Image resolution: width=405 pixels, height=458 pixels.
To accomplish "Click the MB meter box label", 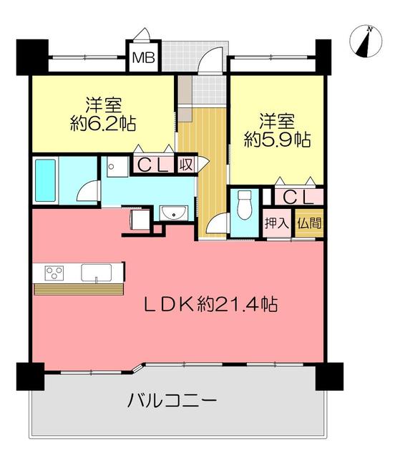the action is point(143,58).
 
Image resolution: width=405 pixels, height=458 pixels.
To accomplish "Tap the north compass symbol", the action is point(366,42).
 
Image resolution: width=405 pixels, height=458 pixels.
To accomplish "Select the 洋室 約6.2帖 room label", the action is point(103,114).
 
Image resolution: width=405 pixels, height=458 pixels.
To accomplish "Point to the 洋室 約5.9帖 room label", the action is point(277,131).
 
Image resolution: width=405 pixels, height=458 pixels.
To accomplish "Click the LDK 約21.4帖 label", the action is point(211,304).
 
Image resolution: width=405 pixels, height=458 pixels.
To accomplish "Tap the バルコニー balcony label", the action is point(172,400).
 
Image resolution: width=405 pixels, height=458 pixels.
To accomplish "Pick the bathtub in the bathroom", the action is point(45,180).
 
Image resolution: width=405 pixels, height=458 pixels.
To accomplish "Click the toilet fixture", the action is point(244,205).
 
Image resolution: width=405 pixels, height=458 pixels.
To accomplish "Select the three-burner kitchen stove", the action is point(54,273).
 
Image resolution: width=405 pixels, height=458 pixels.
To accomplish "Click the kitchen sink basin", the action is point(96,273).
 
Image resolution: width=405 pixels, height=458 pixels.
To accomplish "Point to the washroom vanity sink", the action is point(174,213).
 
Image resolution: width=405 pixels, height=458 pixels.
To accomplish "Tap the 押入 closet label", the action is point(277,223).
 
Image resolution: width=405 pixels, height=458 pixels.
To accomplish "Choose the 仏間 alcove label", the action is point(309,223).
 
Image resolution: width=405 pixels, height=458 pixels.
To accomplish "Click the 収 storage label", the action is point(186,165).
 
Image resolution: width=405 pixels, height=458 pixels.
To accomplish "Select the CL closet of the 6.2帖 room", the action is point(152,165).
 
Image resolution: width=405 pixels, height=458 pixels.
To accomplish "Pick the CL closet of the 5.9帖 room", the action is point(298,198).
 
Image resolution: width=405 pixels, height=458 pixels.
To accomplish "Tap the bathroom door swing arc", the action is point(86,190).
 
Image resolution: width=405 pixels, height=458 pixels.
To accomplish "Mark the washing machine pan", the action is point(117,167).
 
